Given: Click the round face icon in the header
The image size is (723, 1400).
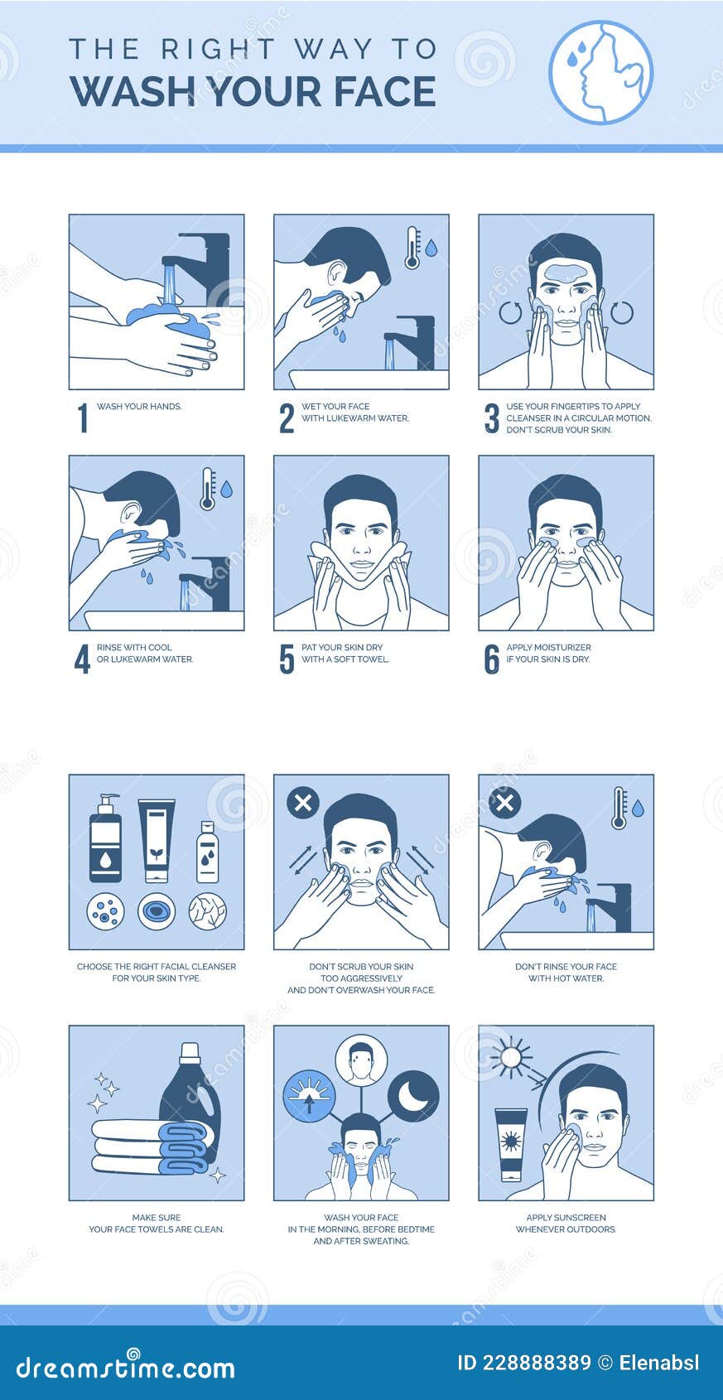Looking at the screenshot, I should pos(600,72).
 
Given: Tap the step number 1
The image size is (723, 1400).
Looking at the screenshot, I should pos(83,418).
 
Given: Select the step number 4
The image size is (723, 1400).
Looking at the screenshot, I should pos(82,659).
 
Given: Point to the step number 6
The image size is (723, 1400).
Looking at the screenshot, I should pos(491,659).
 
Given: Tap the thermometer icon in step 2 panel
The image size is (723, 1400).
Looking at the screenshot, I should pos(412,249).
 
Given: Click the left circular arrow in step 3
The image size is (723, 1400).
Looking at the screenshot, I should pos(511,312).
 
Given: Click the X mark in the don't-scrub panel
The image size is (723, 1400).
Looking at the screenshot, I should pos(303,803).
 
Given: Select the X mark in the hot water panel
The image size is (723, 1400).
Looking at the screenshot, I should pos(504,803).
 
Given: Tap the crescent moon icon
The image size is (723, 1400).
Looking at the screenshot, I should pos(413,1096).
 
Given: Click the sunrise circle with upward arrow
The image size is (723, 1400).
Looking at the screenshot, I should pos(308,1096).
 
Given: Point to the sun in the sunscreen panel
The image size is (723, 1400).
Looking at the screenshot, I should pos(511,1058).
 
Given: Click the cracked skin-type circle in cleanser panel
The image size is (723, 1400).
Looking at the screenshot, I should pos(206,911).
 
